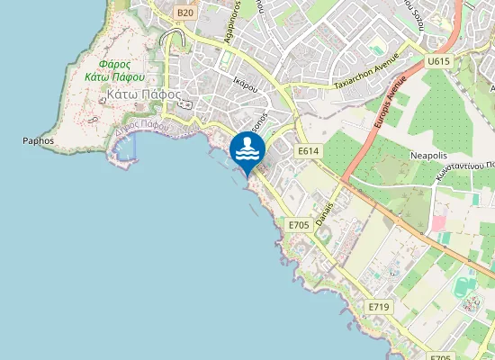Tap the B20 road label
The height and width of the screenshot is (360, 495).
pos(185,12)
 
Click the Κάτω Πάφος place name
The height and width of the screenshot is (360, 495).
pos(144,94)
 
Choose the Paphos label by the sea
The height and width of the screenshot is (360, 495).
pos(39,141)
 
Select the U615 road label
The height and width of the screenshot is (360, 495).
pos(438,60)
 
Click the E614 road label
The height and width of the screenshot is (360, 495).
pos(308,151)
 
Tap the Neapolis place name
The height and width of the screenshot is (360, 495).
pos(428,155)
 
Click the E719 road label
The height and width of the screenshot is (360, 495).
pos(378,307)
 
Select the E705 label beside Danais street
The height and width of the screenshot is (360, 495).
pos(299,223)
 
